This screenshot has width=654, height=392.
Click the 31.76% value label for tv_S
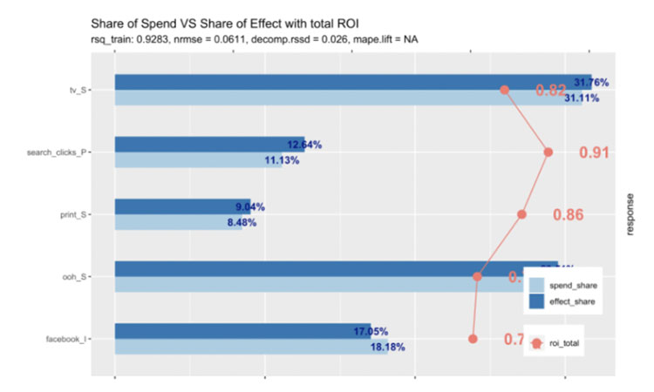[x=591, y=84]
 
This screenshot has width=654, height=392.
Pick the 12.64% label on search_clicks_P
[x=305, y=145]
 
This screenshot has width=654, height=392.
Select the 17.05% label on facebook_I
[x=371, y=331]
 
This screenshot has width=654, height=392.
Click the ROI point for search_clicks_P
[x=548, y=152]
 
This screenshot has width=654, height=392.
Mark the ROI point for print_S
[x=522, y=213]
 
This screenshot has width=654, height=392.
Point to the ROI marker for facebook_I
[x=473, y=338]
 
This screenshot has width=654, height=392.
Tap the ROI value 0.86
[x=569, y=214]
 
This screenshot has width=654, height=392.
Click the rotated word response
[x=630, y=214]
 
